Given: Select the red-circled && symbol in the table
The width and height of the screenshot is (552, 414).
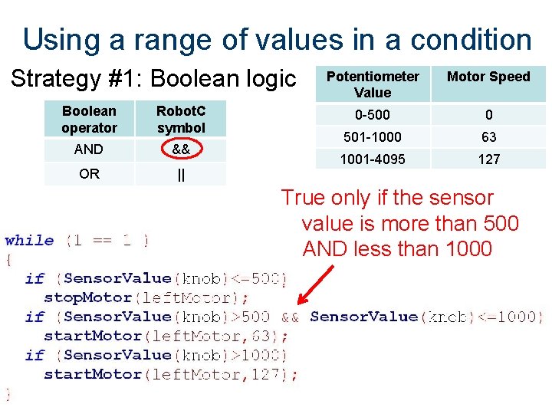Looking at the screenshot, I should [181, 149].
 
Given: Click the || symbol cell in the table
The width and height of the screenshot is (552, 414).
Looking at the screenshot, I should [181, 174].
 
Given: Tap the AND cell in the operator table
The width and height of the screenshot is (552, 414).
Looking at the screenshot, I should [89, 149].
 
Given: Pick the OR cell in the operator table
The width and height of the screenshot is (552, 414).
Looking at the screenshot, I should [89, 174].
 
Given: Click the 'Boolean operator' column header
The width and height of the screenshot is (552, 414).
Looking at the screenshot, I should [89, 120].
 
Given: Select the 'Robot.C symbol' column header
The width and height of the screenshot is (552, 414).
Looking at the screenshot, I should [181, 120].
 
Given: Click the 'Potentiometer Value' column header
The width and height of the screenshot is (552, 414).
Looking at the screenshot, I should [373, 84].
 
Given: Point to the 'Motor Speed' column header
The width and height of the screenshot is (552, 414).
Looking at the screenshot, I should [488, 77].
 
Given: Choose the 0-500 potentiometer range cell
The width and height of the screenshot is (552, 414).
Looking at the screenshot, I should [373, 115].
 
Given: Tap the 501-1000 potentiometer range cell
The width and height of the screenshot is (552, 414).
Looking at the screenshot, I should [373, 137].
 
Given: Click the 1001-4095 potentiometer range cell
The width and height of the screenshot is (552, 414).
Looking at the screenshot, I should [373, 159].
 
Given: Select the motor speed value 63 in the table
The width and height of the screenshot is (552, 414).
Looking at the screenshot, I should [488, 137].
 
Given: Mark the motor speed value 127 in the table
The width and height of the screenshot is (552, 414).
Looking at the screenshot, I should [488, 159].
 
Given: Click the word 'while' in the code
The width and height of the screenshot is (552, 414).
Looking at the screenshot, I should [30, 241].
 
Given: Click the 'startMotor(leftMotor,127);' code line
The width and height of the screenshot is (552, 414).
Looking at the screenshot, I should [171, 374].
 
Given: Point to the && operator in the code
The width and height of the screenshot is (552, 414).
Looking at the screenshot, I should [290, 317].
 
